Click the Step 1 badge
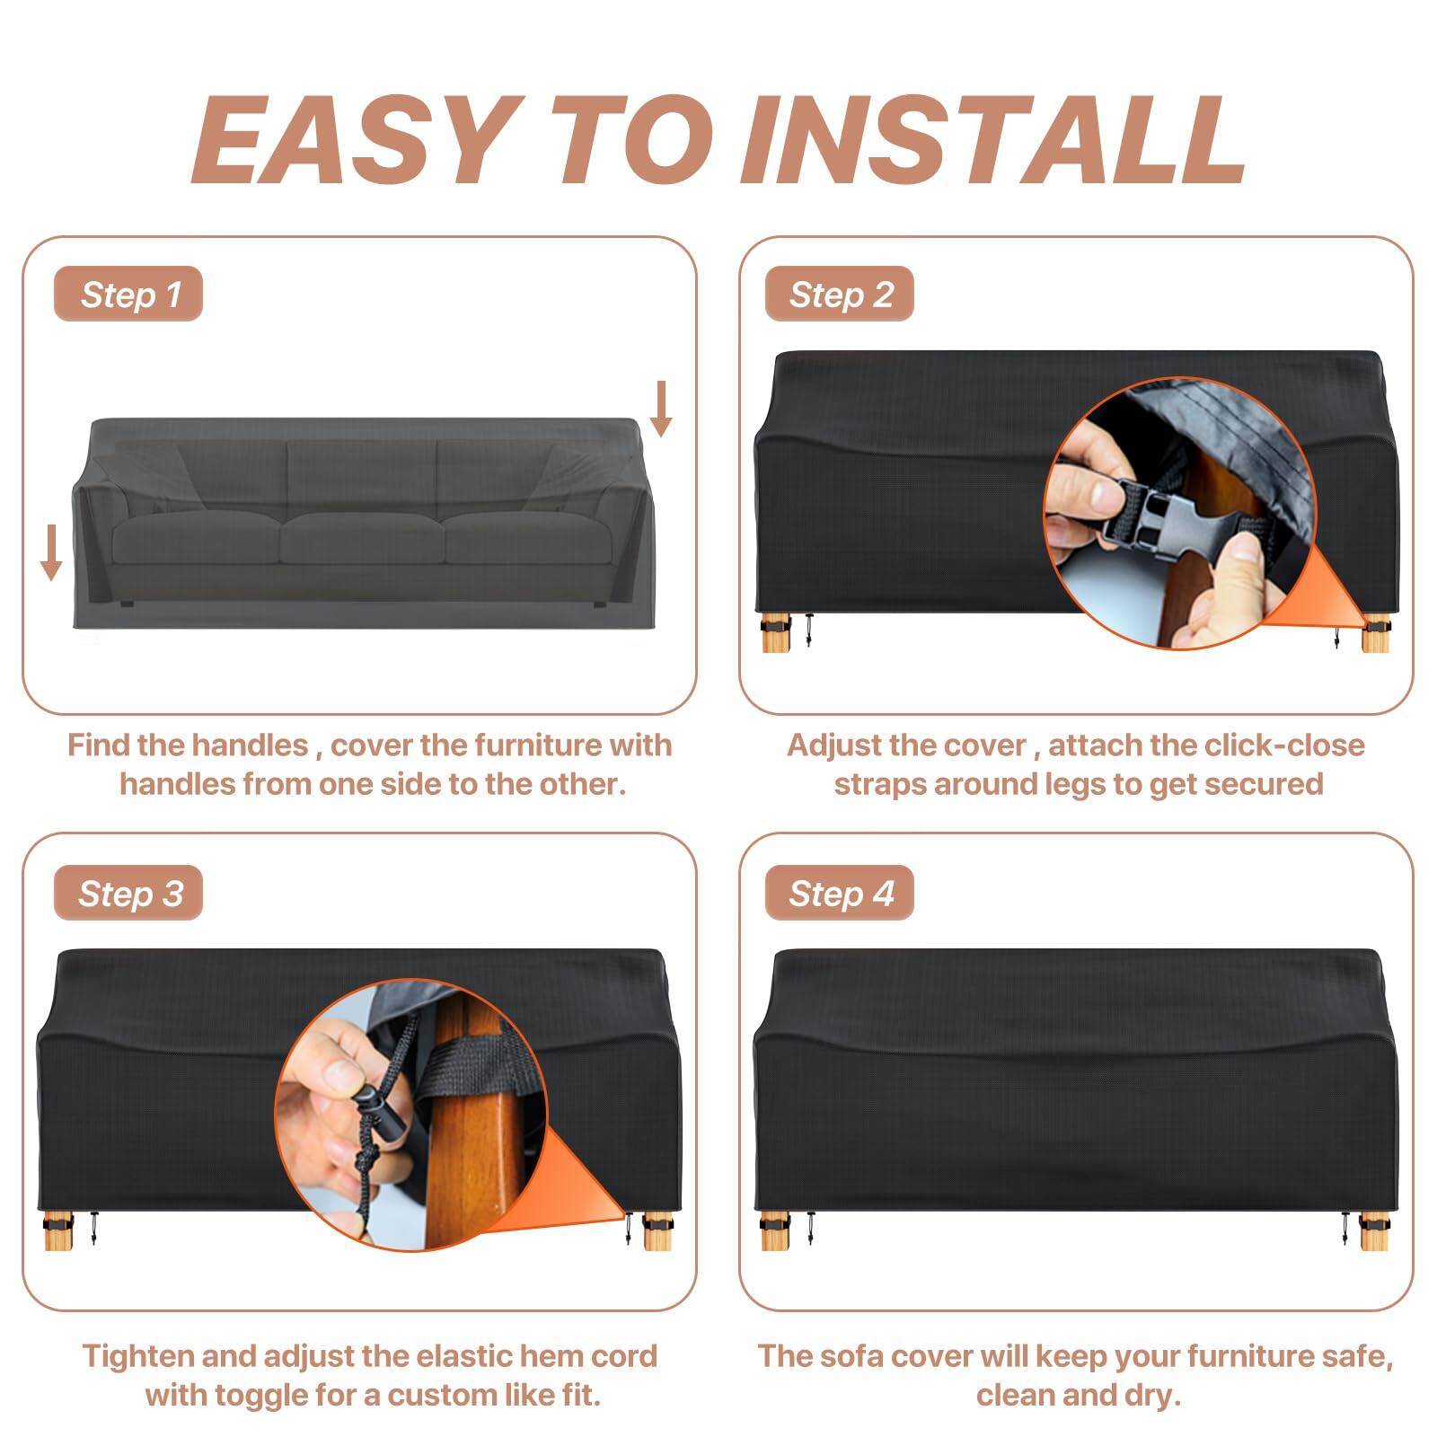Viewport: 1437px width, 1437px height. [x=128, y=295]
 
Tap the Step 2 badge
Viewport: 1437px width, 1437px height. [x=840, y=295]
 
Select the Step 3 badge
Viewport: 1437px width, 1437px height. [x=128, y=894]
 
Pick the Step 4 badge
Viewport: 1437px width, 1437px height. [x=840, y=894]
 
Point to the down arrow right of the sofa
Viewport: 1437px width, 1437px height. [x=661, y=409]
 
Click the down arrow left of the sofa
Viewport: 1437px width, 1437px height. [x=51, y=552]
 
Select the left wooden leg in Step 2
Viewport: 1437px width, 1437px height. [x=773, y=633]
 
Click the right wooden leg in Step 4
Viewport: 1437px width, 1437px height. [x=1372, y=1232]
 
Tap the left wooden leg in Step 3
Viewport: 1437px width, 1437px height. [x=57, y=1232]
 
